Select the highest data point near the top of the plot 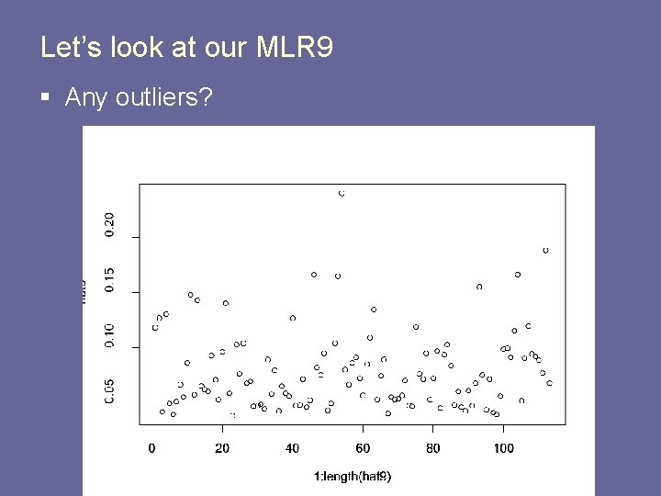342,194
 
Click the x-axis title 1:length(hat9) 353,476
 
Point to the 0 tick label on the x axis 151,448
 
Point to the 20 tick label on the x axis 222,448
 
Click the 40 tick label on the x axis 292,448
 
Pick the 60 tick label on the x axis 363,448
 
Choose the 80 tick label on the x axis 433,448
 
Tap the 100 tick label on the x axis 503,448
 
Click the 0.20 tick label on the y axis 110,225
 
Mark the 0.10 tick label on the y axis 110,333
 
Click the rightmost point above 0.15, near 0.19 545,250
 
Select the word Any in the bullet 86,97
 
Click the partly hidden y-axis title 84,292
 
